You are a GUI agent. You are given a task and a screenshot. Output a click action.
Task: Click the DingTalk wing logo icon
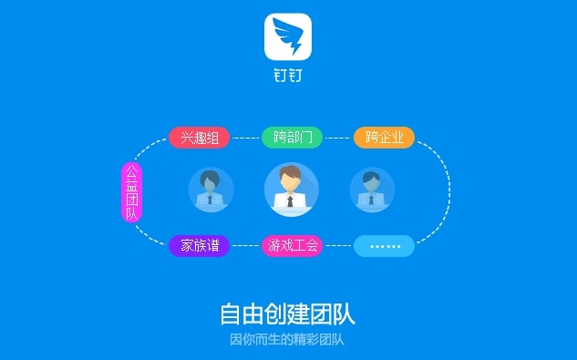point(288,36)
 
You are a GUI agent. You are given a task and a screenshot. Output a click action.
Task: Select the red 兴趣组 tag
point(199,138)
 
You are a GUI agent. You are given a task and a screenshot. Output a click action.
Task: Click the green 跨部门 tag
point(292,138)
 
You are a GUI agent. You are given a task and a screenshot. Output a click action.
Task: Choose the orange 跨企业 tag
point(384,138)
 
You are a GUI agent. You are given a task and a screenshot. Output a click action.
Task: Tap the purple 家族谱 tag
point(199,245)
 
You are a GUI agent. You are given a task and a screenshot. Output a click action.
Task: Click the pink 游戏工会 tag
point(292,245)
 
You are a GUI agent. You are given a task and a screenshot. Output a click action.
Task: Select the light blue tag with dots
point(384,245)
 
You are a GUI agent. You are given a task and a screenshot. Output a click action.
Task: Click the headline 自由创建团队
point(288,314)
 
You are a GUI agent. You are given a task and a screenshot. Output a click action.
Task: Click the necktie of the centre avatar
point(291,201)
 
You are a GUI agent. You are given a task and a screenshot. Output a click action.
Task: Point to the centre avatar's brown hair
point(291,170)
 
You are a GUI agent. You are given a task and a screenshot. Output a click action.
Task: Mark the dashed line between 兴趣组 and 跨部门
point(245,138)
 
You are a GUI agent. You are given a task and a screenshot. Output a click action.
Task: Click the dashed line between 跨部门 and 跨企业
point(338,138)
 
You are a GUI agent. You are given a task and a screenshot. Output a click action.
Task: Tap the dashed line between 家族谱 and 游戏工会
point(245,245)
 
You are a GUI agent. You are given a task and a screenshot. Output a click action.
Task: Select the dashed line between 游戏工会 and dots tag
point(338,245)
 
